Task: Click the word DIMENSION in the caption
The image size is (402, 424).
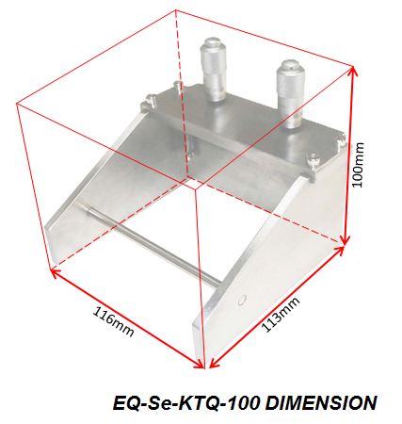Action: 319,402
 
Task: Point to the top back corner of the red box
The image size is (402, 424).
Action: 177,12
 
